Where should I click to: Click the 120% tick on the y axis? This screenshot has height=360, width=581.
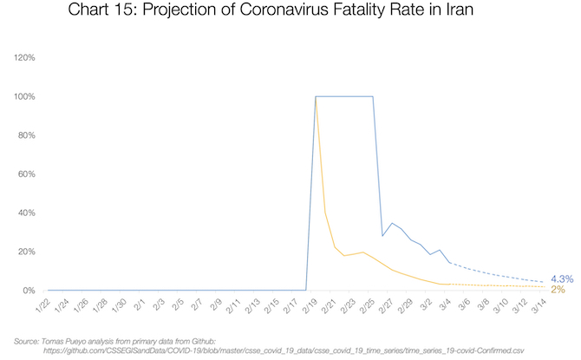click(23, 57)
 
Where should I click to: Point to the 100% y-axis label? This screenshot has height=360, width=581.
click(23, 96)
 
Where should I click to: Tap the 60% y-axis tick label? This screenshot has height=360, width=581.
click(25, 173)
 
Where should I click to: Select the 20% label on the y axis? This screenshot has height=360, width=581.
click(25, 252)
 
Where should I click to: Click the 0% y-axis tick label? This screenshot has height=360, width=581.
click(28, 291)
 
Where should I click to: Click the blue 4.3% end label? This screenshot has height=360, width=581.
click(561, 278)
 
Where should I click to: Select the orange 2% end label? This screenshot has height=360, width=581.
click(557, 289)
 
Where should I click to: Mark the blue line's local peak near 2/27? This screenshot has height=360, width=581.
click(392, 223)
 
